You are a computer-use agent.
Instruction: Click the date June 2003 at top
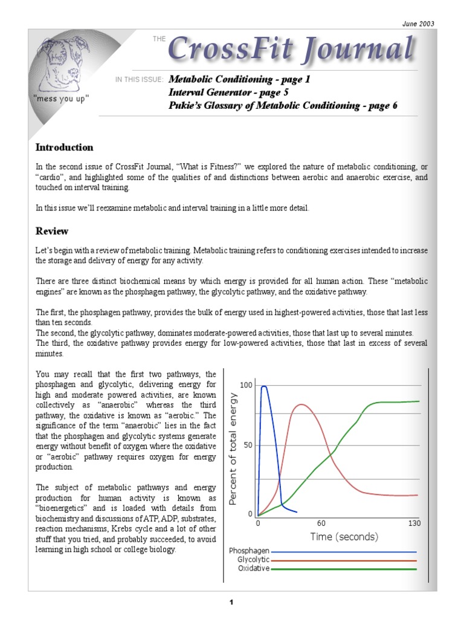click(x=418, y=24)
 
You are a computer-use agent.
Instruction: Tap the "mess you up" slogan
click(x=62, y=99)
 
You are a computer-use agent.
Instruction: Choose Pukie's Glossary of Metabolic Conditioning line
click(x=283, y=105)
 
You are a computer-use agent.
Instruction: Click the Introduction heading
click(x=64, y=147)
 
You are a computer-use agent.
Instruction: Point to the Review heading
click(x=52, y=231)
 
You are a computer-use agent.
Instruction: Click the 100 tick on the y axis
click(x=246, y=385)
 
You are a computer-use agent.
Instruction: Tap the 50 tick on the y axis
click(x=248, y=446)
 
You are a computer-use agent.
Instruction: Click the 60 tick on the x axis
click(x=321, y=523)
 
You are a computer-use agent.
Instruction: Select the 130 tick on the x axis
click(x=414, y=523)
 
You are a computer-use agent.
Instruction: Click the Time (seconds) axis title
click(x=344, y=537)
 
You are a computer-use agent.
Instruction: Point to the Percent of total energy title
click(x=234, y=449)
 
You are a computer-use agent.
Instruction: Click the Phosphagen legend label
click(x=249, y=551)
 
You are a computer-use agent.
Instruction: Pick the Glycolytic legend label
click(x=253, y=560)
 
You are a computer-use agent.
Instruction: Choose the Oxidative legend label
click(x=253, y=568)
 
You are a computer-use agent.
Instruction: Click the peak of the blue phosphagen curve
click(x=264, y=386)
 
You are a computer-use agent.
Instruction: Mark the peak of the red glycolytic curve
click(x=300, y=404)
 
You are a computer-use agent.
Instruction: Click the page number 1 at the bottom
click(x=231, y=602)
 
